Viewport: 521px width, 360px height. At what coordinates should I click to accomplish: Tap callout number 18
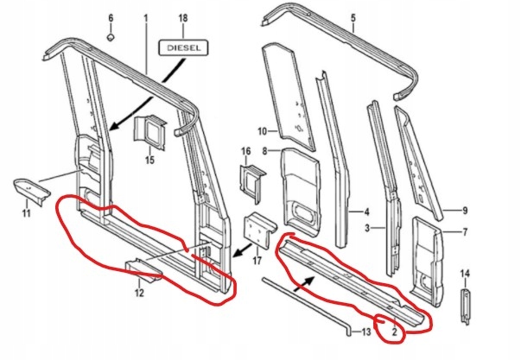click(x=181, y=18)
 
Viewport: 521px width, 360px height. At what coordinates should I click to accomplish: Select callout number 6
click(x=110, y=18)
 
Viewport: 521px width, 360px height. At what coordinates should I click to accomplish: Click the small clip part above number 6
click(x=110, y=37)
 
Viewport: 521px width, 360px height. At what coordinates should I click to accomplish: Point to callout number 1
click(x=145, y=18)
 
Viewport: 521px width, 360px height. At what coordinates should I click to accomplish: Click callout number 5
click(x=353, y=18)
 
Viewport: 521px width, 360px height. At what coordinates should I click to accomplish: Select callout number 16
click(x=245, y=151)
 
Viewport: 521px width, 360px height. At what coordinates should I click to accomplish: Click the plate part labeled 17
click(x=258, y=229)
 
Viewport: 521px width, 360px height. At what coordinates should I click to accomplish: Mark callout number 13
click(x=366, y=332)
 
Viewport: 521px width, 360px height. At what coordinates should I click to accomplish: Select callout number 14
click(x=467, y=273)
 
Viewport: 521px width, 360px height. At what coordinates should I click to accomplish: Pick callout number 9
click(x=464, y=210)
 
